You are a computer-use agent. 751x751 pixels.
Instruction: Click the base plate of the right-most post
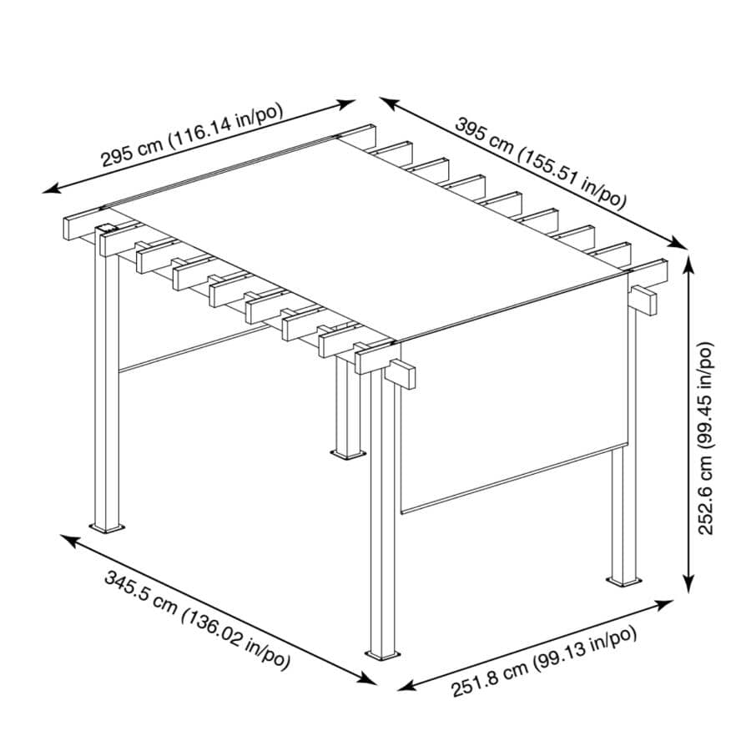click(623, 580)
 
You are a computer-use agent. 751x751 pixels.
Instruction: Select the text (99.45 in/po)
click(707, 391)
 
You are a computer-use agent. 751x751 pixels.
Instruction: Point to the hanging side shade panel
click(509, 401)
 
